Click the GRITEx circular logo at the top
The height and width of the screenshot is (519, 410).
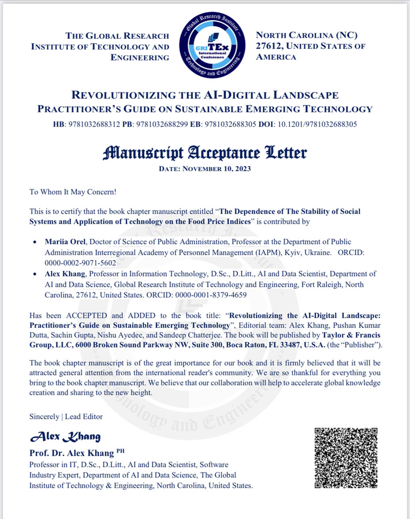[213, 46]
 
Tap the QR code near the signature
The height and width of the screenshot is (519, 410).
[346, 458]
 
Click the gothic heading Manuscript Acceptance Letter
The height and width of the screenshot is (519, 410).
[205, 153]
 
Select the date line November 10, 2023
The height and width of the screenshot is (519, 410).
[205, 169]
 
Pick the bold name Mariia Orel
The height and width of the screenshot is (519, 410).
[62, 242]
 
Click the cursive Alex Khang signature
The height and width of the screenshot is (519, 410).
[65, 437]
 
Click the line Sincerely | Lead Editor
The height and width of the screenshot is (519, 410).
[66, 416]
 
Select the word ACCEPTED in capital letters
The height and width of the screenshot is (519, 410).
[87, 315]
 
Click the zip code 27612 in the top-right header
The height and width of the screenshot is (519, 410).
[269, 46]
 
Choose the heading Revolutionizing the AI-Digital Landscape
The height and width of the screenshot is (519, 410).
[205, 95]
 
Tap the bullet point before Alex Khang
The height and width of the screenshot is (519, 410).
[35, 274]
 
